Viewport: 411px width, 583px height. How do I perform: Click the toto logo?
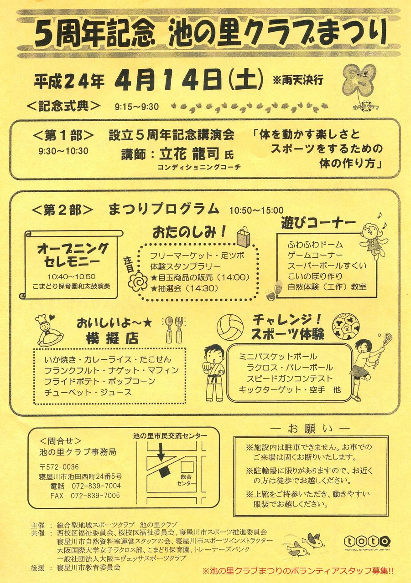[x=367, y=542]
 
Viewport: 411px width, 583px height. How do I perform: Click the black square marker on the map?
[x=164, y=471]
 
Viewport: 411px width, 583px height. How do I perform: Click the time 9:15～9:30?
[x=136, y=107]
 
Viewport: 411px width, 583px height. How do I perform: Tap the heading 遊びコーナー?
[x=318, y=223]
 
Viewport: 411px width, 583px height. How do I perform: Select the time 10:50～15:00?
[x=256, y=210]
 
